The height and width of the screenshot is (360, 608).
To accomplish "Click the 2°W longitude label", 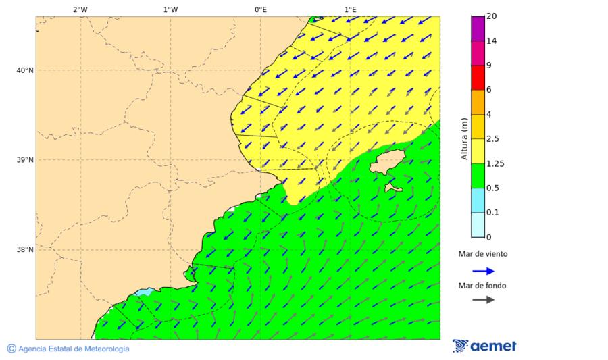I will click(80, 9).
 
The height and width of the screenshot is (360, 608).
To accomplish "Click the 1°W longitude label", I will click(170, 9).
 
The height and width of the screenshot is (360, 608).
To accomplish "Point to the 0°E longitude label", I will click(260, 9).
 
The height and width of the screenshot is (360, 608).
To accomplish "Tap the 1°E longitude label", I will click(351, 9).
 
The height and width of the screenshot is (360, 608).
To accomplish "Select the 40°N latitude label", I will click(25, 70).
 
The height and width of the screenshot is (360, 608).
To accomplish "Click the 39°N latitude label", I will click(25, 160).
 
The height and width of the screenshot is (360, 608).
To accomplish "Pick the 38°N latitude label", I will click(25, 250).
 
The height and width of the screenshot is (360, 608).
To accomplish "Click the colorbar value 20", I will click(492, 16).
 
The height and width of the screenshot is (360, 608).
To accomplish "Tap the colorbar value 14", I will click(492, 41).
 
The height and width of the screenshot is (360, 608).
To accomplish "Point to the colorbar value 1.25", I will click(495, 163).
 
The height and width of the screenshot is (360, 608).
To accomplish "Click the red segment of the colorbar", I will click(478, 78).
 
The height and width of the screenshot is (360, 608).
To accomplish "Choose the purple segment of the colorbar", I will click(478, 28).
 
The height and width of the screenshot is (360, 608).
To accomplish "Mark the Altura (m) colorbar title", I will click(464, 138).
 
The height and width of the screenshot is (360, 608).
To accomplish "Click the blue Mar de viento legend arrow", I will click(483, 271).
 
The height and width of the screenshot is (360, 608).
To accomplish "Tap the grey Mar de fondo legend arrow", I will click(483, 299).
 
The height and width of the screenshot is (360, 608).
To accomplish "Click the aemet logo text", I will click(492, 346).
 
